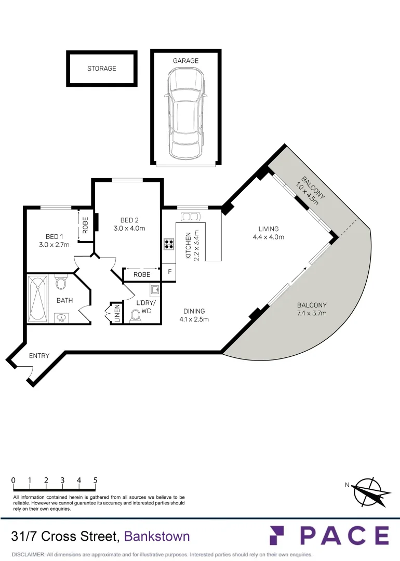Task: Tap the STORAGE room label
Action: pyautogui.click(x=102, y=68)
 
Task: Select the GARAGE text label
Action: pyautogui.click(x=185, y=61)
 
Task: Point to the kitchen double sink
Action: pyautogui.click(x=190, y=216)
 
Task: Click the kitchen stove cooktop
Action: pyautogui.click(x=169, y=244)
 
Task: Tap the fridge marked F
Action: pyautogui.click(x=169, y=271)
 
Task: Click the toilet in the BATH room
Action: pyautogui.click(x=61, y=283)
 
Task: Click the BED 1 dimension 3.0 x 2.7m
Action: pyautogui.click(x=54, y=245)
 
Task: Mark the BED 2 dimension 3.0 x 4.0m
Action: pyautogui.click(x=129, y=228)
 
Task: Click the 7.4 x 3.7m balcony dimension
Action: pyautogui.click(x=312, y=314)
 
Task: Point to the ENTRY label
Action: pyautogui.click(x=39, y=356)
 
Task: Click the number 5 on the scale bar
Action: pyautogui.click(x=96, y=480)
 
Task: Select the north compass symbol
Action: pyautogui.click(x=370, y=491)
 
